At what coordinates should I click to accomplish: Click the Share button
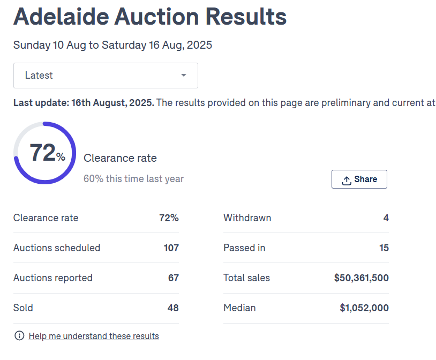(x=359, y=179)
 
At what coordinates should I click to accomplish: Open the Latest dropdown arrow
(x=184, y=76)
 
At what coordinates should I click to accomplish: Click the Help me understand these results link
(x=94, y=336)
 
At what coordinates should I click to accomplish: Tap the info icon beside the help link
(x=19, y=336)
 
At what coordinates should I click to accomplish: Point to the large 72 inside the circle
(x=43, y=153)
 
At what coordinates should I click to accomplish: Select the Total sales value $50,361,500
(x=361, y=278)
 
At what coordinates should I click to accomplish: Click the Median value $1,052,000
(x=364, y=308)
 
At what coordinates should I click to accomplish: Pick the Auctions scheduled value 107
(x=171, y=248)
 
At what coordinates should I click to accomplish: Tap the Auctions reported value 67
(x=173, y=278)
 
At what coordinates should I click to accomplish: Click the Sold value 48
(x=173, y=308)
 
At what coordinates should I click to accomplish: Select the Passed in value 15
(x=384, y=248)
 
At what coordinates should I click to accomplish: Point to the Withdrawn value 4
(x=386, y=218)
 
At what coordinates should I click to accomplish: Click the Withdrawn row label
(x=247, y=218)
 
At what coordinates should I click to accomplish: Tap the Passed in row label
(x=244, y=248)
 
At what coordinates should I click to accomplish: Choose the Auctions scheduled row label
(x=57, y=248)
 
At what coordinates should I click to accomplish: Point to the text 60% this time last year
(x=133, y=179)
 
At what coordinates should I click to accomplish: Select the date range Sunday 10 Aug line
(x=112, y=45)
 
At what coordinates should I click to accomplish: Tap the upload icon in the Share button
(x=347, y=180)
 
